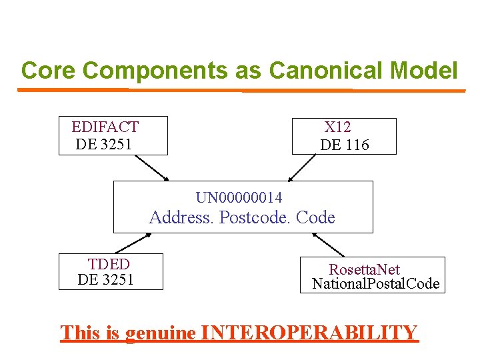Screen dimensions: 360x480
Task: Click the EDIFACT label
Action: coord(105,127)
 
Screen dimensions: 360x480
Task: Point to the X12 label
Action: coord(338,127)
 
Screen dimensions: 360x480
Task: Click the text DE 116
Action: coord(345,145)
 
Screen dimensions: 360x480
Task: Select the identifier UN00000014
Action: coord(239,197)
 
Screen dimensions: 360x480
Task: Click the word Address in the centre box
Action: coord(179,217)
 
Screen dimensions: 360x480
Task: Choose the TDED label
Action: coord(109,264)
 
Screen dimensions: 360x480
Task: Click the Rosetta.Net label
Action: coord(365,269)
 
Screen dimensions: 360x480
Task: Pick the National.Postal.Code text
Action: coord(376,284)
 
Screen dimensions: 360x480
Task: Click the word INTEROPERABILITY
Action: coord(309,332)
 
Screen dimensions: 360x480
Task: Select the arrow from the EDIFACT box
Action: coord(152,167)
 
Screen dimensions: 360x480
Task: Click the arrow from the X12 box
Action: coord(303,167)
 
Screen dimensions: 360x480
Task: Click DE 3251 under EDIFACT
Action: coord(104,145)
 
